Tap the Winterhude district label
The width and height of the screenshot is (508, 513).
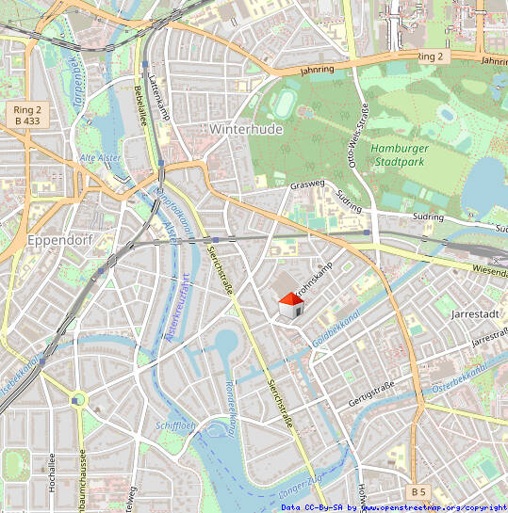click(246, 129)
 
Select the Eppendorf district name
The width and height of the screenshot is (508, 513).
click(58, 239)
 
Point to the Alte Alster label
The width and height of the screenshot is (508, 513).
click(100, 157)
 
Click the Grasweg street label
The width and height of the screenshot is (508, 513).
click(307, 184)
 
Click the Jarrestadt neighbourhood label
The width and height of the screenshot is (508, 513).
click(474, 313)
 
